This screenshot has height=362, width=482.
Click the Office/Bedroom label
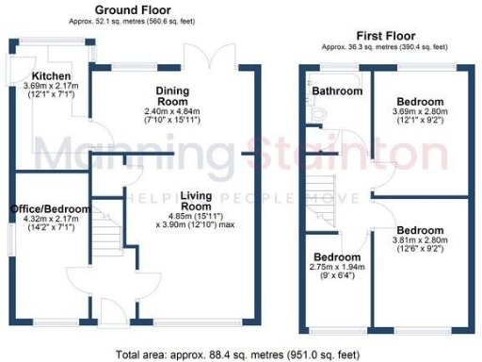tap(50, 209)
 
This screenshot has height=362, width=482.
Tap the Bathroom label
tap(338, 91)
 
